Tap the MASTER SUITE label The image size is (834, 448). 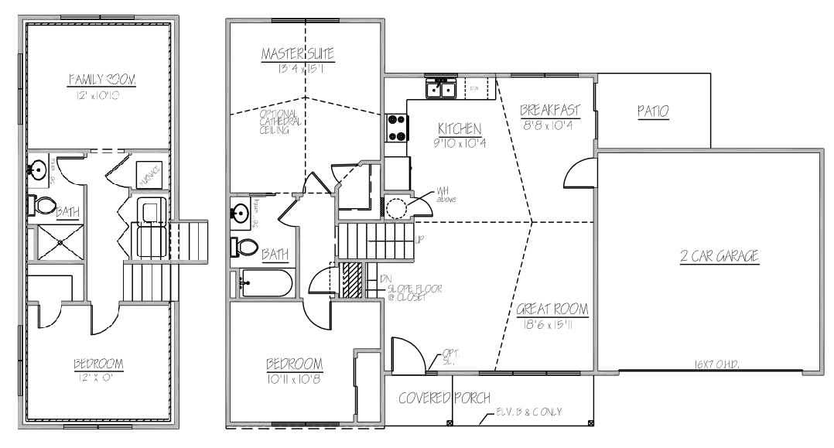pyautogui.click(x=303, y=54)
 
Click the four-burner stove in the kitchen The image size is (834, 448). pyautogui.click(x=397, y=127)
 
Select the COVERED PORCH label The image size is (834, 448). pyautogui.click(x=444, y=398)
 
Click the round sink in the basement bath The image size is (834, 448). pyautogui.click(x=39, y=168)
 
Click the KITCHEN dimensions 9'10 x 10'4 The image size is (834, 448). pyautogui.click(x=460, y=142)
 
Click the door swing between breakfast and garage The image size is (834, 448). pyautogui.click(x=579, y=172)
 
